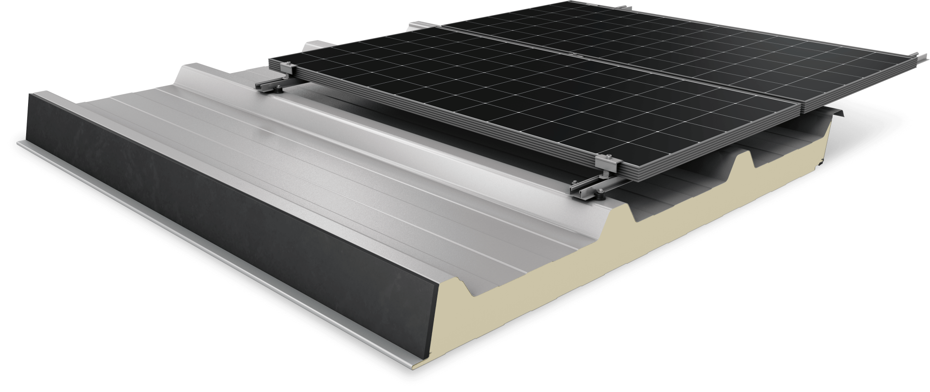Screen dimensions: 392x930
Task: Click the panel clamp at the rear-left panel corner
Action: click(x=288, y=69)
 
